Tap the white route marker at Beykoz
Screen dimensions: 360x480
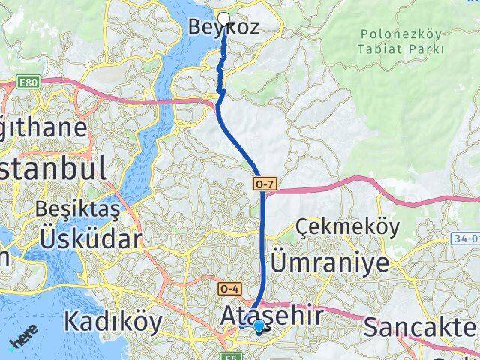point(223,18)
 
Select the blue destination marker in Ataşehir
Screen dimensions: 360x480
point(259,325)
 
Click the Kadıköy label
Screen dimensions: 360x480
point(112,321)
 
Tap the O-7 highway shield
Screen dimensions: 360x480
point(262,182)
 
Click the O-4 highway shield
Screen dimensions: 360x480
point(229,288)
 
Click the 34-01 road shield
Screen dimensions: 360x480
point(466,238)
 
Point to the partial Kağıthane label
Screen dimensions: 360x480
point(45,127)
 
